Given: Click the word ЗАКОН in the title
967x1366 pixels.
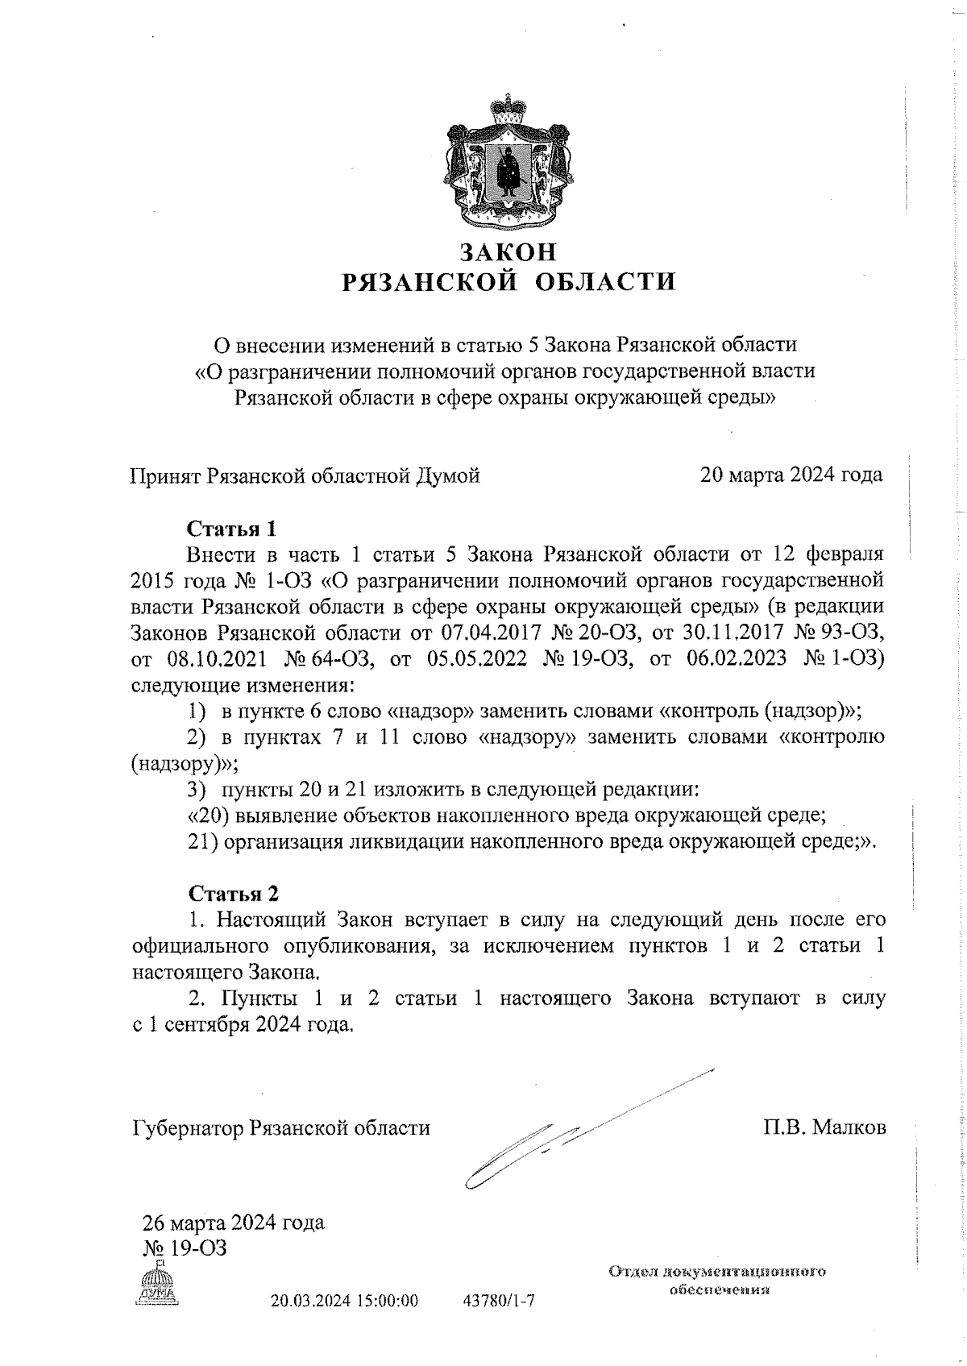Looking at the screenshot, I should tap(508, 252).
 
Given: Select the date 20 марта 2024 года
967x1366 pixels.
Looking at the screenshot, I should tap(791, 475).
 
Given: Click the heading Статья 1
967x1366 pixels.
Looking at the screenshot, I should tap(231, 529).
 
